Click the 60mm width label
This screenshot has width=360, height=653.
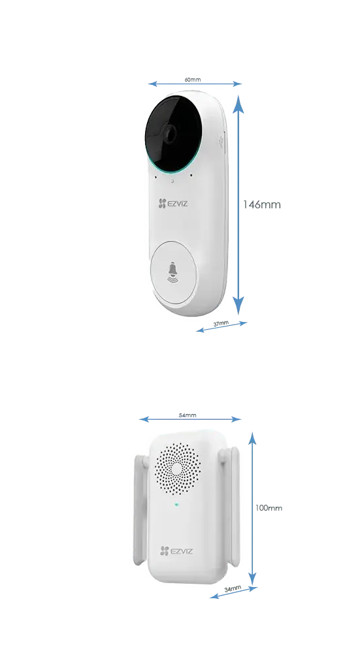[x=193, y=79]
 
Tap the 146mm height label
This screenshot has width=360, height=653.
[x=261, y=204]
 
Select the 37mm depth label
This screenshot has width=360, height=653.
[x=221, y=324]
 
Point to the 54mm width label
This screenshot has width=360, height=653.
[x=188, y=415]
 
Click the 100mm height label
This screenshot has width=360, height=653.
[x=269, y=507]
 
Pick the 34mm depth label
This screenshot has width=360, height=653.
[x=233, y=589]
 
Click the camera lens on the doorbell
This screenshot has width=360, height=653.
[x=170, y=133]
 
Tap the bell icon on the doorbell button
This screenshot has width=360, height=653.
[x=172, y=272]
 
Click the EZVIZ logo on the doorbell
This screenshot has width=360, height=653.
[x=173, y=204]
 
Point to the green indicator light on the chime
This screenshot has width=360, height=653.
[x=176, y=505]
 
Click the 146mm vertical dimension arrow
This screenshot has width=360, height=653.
[x=238, y=204]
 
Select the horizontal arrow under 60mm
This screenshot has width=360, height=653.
[x=195, y=84]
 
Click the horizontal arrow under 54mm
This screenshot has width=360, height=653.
[x=190, y=419]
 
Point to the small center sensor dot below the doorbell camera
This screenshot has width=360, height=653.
[x=172, y=181]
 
